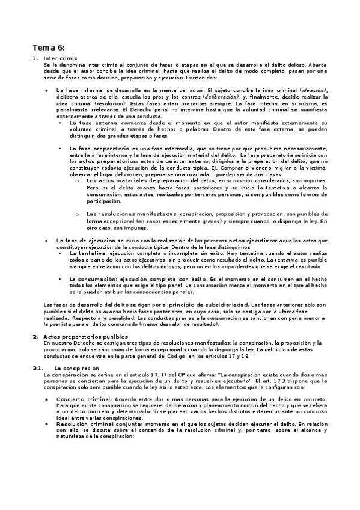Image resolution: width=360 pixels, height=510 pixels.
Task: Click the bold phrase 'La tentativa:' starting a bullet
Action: click(86, 254)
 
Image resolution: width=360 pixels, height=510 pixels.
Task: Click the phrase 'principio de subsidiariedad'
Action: click(205, 305)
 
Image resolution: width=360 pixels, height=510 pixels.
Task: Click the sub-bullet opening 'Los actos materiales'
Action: click(113, 180)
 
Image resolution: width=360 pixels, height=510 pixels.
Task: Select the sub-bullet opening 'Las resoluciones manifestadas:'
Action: click(124, 214)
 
